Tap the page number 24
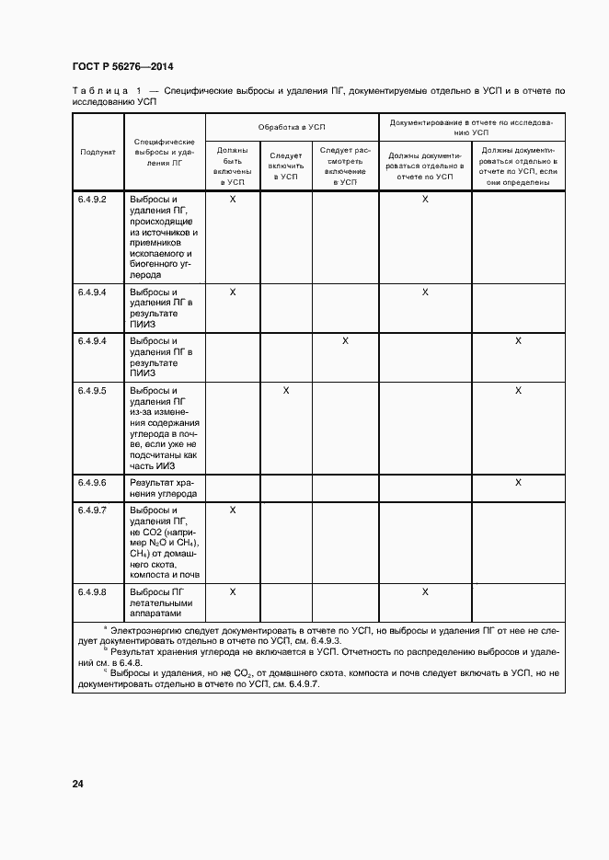click(x=78, y=784)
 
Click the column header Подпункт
click(x=98, y=152)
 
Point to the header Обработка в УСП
click(x=292, y=126)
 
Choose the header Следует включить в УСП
click(x=286, y=166)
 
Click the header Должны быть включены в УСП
click(x=232, y=166)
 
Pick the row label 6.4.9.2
click(x=92, y=200)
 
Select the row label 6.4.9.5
click(x=92, y=391)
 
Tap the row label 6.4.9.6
click(x=92, y=483)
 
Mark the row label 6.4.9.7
click(x=92, y=510)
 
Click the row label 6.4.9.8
click(x=92, y=592)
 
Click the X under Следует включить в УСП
click(x=286, y=391)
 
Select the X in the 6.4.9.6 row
click(x=518, y=483)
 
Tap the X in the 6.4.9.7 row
click(x=232, y=510)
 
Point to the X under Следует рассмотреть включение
click(x=345, y=341)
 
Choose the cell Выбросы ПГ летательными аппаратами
click(x=161, y=602)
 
